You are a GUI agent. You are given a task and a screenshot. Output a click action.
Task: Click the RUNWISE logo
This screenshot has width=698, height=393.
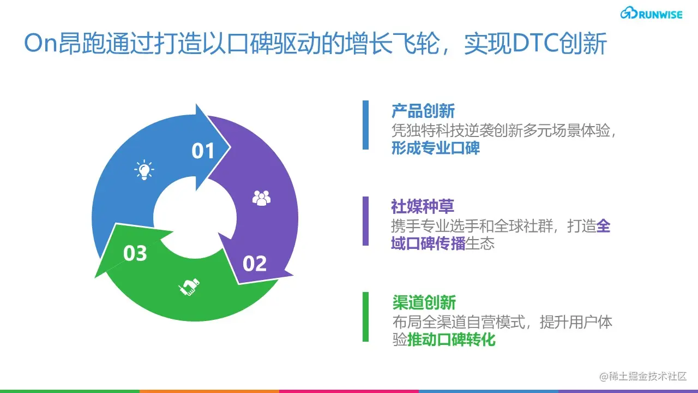(x=651, y=13)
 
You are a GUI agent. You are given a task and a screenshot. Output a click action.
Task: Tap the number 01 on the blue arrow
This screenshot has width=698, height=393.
(x=203, y=151)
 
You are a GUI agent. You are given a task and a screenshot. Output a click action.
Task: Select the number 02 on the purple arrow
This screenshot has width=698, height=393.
(x=255, y=264)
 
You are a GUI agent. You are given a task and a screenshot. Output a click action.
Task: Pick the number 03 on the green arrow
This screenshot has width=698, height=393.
(x=135, y=253)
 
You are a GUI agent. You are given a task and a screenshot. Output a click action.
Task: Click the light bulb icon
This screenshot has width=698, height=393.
(x=144, y=170)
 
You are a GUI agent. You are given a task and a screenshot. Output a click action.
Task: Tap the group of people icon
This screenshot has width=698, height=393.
(x=261, y=198)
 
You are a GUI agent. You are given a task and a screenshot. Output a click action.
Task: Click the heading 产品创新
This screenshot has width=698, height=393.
(x=423, y=111)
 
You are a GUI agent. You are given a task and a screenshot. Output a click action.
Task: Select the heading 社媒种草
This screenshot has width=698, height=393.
(x=423, y=207)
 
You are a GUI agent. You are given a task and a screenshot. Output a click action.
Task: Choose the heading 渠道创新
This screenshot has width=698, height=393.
(x=424, y=302)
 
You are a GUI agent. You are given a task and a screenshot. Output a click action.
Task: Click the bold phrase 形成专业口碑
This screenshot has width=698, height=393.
(x=435, y=148)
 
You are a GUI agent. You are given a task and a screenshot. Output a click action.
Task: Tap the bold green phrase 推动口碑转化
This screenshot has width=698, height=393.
(x=451, y=340)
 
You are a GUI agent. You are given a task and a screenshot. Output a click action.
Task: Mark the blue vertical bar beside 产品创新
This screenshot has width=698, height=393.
(x=365, y=125)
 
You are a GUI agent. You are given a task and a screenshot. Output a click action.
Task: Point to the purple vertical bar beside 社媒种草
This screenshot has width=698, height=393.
(x=365, y=221)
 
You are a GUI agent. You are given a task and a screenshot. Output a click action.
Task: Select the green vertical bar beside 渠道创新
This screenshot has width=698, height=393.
(x=365, y=317)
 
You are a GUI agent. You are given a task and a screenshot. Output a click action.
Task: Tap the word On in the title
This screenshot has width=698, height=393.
(x=41, y=43)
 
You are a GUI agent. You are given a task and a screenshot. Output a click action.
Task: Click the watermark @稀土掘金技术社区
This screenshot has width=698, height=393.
(x=643, y=377)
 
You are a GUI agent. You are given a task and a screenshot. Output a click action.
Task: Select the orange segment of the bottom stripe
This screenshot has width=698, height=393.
(x=209, y=391)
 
